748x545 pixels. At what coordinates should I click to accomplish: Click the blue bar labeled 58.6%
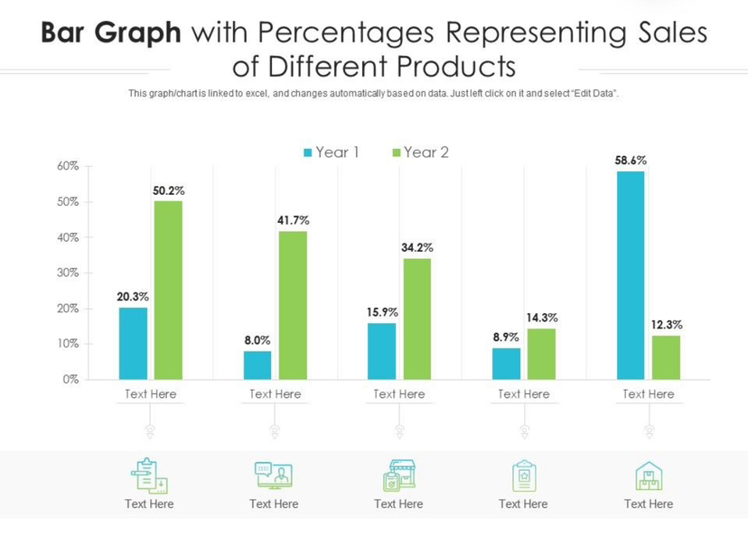[x=631, y=275]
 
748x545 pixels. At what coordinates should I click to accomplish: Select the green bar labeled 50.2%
[x=168, y=290]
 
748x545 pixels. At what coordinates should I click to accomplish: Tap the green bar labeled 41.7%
[x=293, y=305]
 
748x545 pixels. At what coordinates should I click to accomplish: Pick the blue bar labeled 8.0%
[x=257, y=365]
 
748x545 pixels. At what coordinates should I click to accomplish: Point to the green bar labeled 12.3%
[x=666, y=357]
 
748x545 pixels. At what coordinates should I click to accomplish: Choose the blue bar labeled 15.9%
[x=382, y=351]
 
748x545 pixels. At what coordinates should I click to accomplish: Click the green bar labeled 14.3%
[x=541, y=354]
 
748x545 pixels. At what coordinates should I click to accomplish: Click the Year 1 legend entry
[x=332, y=152]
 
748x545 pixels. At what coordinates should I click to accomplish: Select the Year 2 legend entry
[x=420, y=152]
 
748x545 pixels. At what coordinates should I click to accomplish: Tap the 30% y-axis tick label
[x=70, y=273]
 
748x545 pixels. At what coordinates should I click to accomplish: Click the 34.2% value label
[x=417, y=247]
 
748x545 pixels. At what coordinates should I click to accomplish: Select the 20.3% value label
[x=133, y=296]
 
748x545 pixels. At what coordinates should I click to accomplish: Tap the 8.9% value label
[x=506, y=337]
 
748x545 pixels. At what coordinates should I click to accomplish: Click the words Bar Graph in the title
[x=111, y=33]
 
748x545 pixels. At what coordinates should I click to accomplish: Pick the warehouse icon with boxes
[x=649, y=476]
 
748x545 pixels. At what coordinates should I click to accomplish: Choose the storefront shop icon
[x=398, y=476]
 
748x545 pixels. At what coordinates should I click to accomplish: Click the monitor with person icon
[x=274, y=476]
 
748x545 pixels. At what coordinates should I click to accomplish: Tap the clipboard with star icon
[x=524, y=476]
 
